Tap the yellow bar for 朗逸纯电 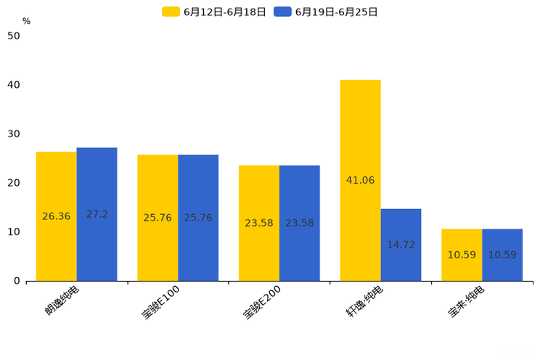(x=56, y=181)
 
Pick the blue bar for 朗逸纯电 (x=97, y=181)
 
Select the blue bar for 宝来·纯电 (x=502, y=240)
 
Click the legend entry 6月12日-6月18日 (x=214, y=12)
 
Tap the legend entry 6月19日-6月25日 (x=326, y=12)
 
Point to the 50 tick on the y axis (x=14, y=36)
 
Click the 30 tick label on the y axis (x=14, y=134)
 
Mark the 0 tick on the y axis (x=17, y=281)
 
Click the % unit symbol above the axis (x=26, y=22)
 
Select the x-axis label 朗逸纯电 (x=62, y=300)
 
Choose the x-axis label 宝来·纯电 (x=467, y=302)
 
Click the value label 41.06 (x=360, y=180)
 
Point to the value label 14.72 (x=401, y=245)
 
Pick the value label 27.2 (x=97, y=214)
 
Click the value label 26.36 (x=56, y=216)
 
